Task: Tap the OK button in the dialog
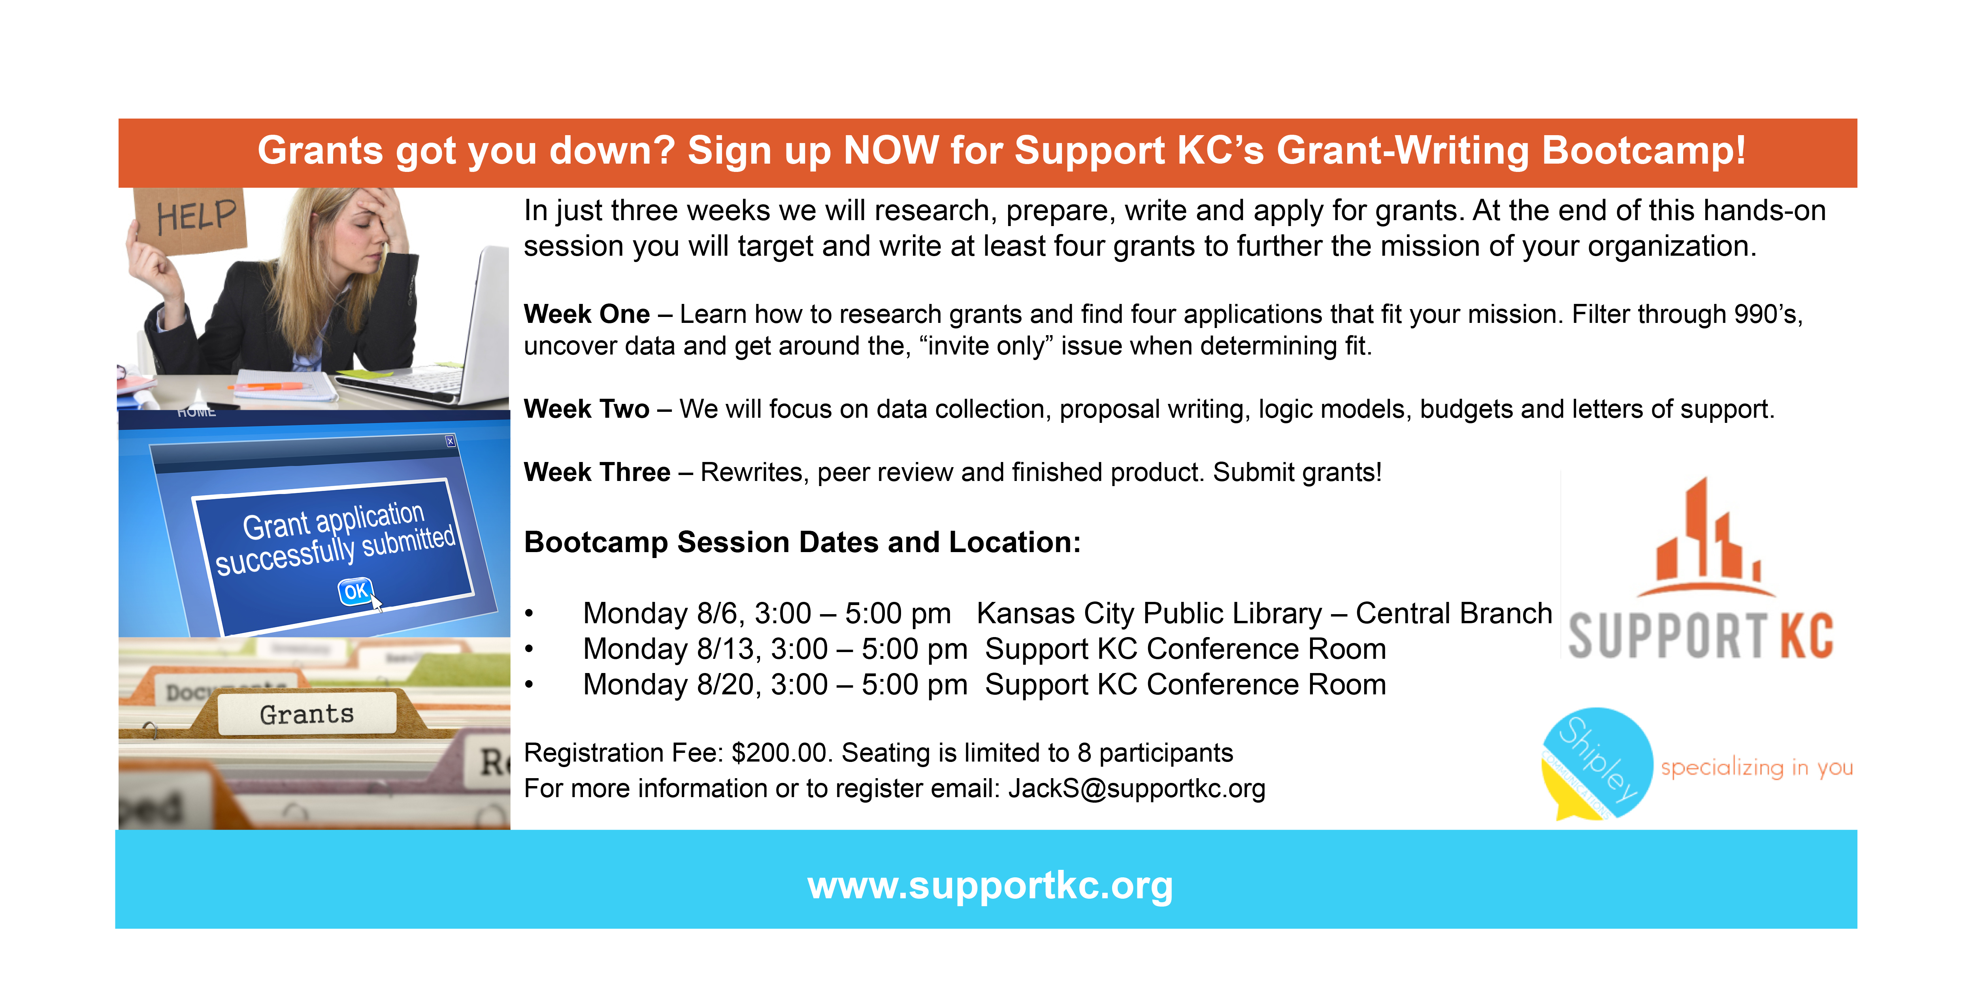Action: point(355,592)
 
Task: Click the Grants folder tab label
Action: point(307,714)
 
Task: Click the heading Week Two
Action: point(587,409)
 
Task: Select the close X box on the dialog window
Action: point(450,441)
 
